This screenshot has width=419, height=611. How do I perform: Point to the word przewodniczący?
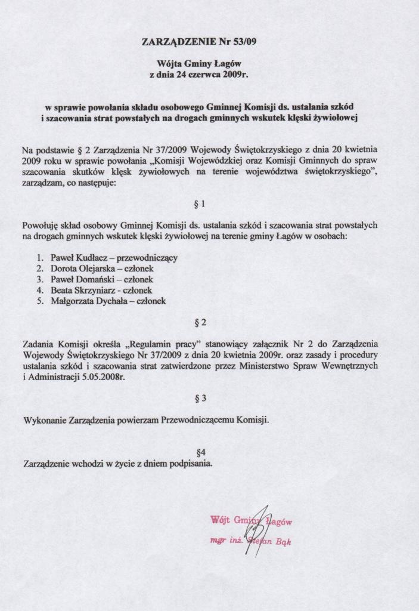coord(148,258)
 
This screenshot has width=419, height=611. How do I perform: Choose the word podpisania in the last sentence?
coord(190,464)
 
